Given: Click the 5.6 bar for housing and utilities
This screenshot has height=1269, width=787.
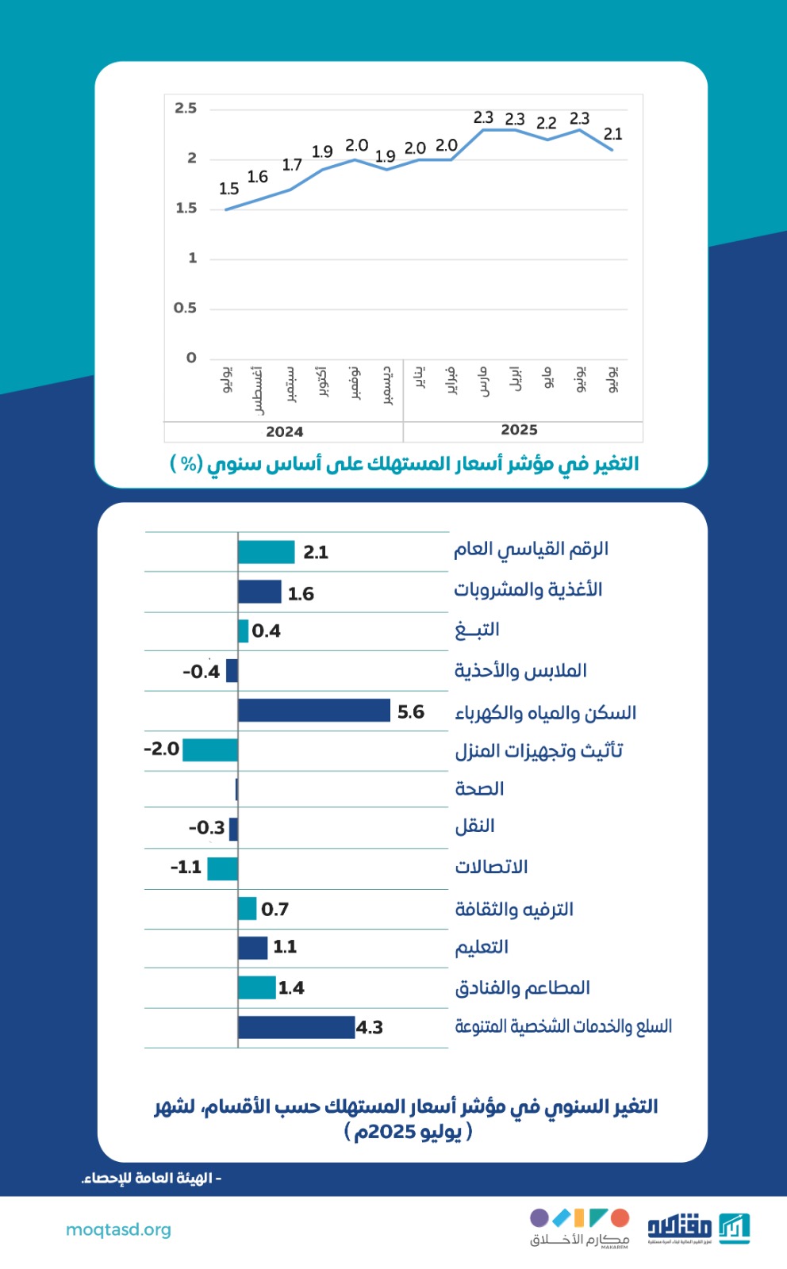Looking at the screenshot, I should point(314,711).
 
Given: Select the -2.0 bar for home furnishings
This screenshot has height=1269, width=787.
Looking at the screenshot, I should point(210,750).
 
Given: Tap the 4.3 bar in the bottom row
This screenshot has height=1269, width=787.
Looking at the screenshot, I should point(296,1027).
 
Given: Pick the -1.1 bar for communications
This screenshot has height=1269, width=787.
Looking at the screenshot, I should point(222,868).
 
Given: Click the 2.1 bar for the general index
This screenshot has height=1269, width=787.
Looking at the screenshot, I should point(266,552).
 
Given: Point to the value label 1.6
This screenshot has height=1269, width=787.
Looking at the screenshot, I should point(301,593).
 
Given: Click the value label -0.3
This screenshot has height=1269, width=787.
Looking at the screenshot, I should point(206,828).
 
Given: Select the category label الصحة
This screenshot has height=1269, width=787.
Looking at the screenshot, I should point(479,789).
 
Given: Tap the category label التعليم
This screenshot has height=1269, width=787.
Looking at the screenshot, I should point(482,948).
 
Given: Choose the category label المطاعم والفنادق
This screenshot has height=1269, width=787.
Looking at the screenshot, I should point(522,988).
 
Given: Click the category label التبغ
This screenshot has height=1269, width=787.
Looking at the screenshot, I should point(477,631).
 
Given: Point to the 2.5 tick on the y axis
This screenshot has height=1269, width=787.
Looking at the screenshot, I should point(186,109).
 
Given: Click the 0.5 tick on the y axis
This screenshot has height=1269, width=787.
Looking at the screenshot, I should point(185,308).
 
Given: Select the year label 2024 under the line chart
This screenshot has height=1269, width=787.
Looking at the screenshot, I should point(284,431).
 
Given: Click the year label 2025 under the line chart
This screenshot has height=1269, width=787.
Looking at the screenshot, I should point(519,430).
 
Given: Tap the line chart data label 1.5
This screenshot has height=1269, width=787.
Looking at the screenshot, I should point(228,189).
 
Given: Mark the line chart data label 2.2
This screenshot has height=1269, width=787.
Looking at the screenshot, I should point(546,123).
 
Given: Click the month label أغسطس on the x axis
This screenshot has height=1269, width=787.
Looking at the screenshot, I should point(257,390).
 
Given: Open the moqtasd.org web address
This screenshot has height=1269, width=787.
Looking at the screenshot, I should point(118,1229).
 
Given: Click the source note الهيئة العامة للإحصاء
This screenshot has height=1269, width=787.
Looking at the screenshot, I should point(151,1179).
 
